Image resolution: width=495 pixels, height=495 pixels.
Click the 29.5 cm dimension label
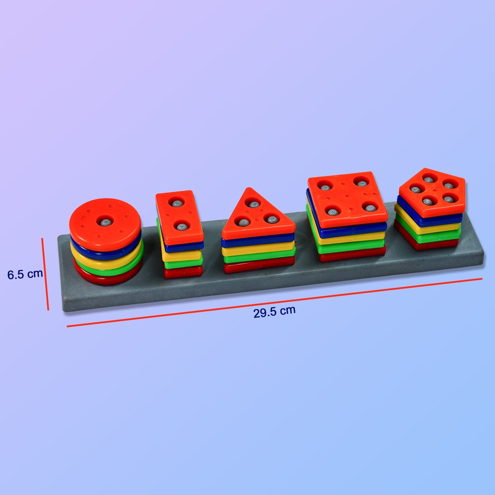[274, 311]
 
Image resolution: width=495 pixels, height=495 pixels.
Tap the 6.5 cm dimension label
[25, 274]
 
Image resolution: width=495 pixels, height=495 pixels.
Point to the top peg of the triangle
[253, 204]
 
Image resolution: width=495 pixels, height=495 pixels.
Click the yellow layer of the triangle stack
[258, 250]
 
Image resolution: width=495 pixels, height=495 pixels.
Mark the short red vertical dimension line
[45, 274]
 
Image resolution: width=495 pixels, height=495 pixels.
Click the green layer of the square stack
[350, 247]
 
